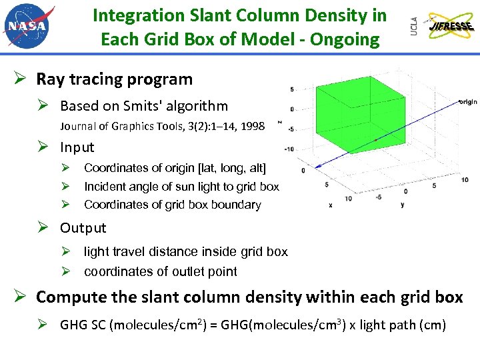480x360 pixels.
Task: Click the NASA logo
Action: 29,25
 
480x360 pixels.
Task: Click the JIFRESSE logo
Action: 452,27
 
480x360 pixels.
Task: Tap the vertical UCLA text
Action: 414,26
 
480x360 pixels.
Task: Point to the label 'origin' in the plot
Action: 467,102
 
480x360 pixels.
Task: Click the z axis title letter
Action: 279,121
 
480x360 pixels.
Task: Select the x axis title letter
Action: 330,205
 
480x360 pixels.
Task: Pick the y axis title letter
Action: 402,205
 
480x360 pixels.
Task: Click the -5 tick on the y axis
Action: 378,197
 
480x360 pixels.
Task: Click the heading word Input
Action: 77,147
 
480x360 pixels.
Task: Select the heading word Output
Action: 83,228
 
